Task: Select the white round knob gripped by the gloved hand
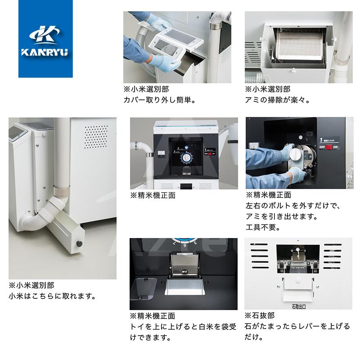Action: [x=296, y=153]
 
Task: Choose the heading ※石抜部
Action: [x=259, y=315]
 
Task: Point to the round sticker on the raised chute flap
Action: [x=185, y=272]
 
